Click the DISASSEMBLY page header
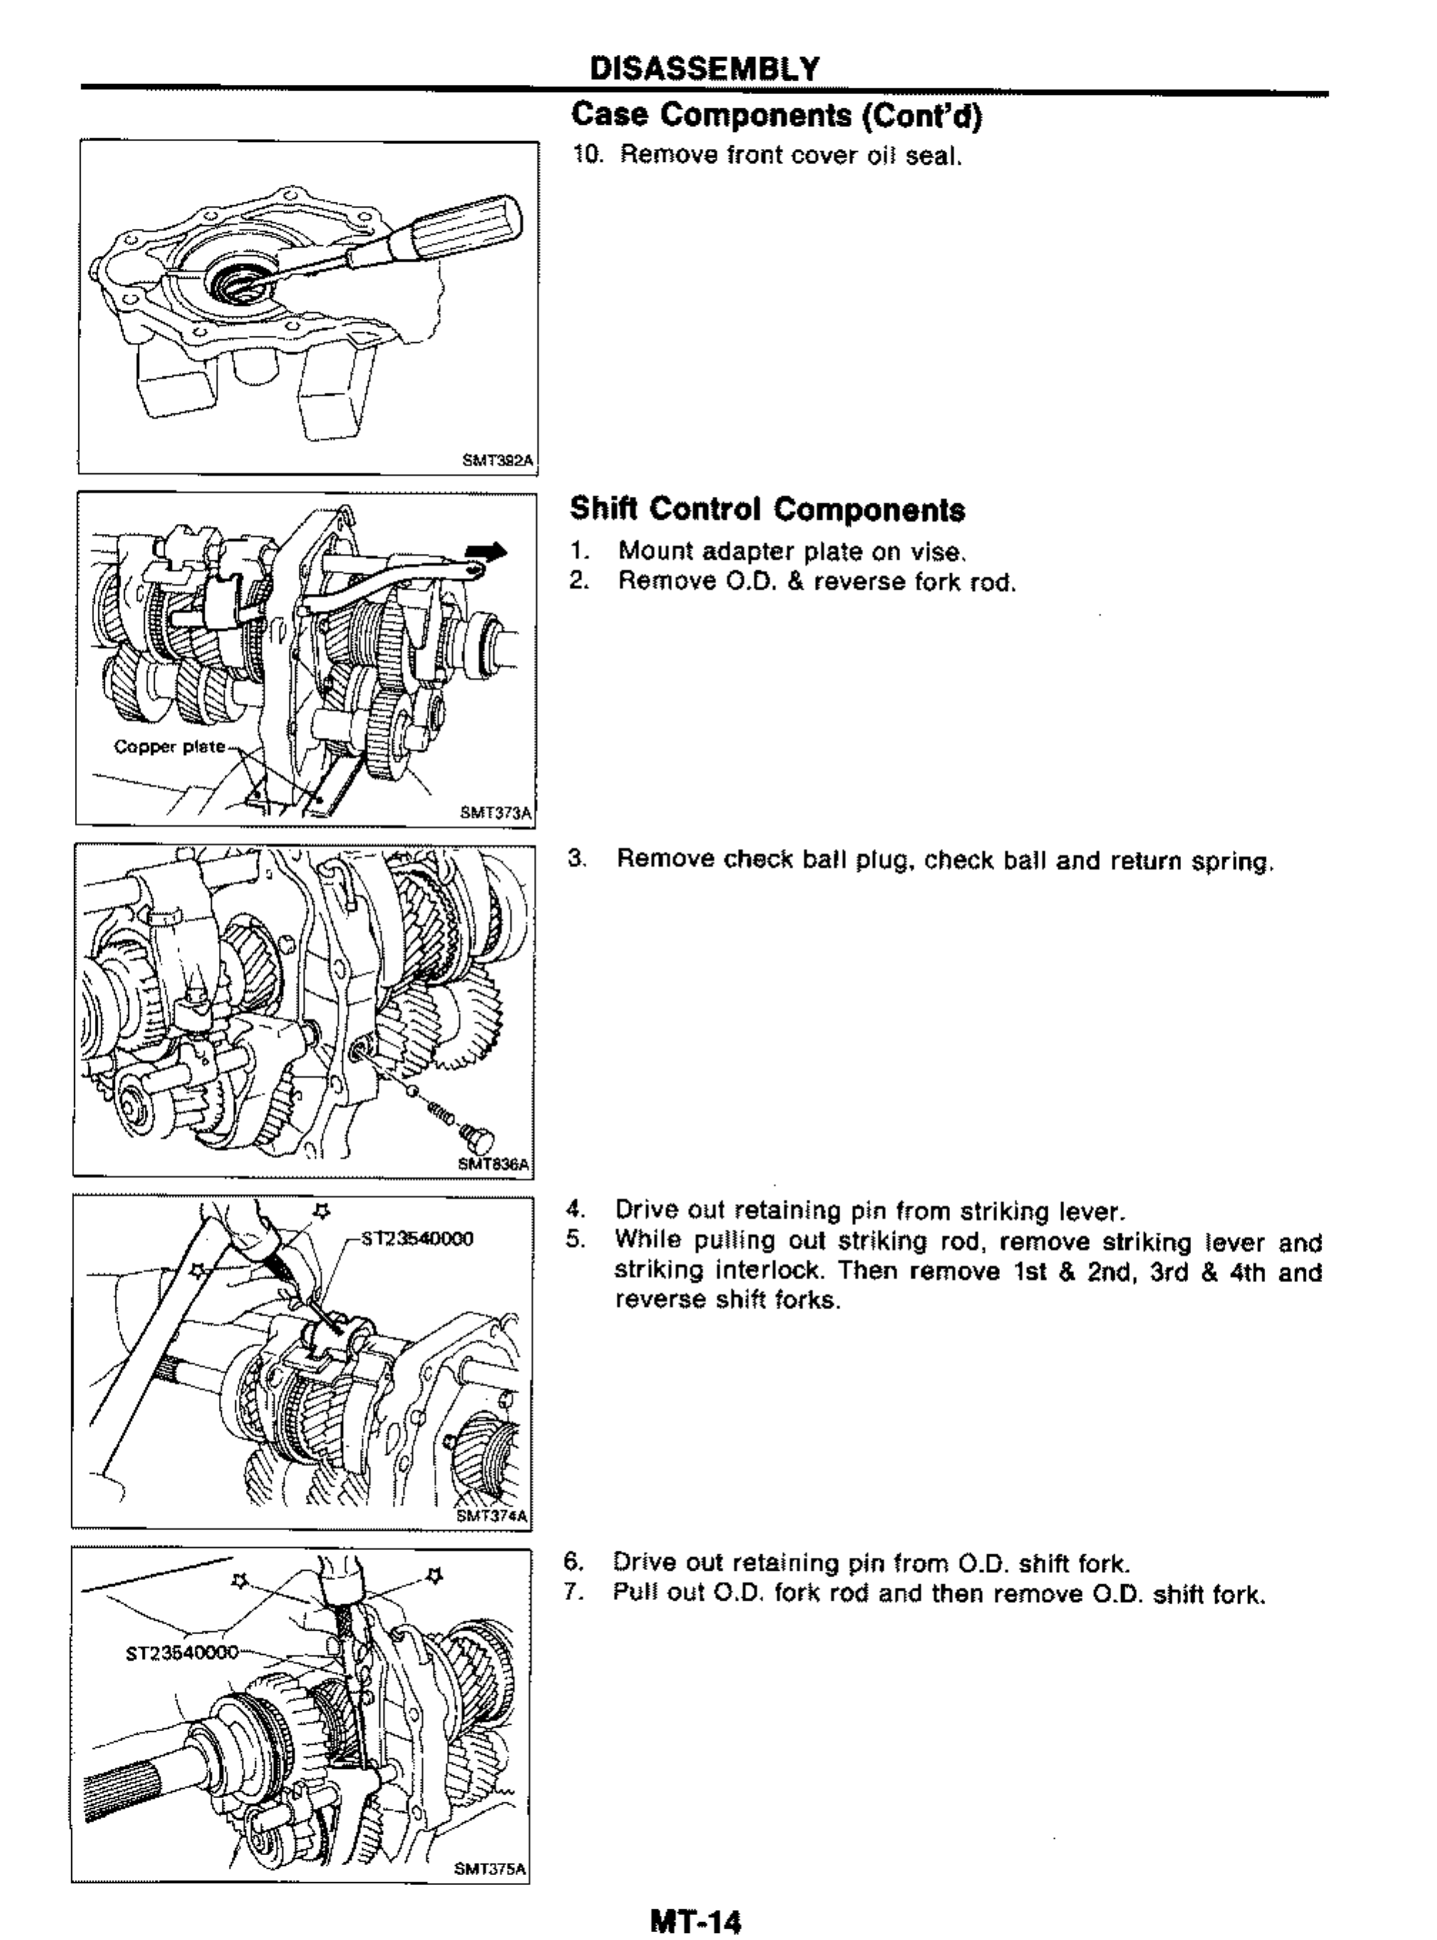point(704,68)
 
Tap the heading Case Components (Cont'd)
point(776,115)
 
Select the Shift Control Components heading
point(767,510)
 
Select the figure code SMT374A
point(493,1516)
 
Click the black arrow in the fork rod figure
point(485,550)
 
